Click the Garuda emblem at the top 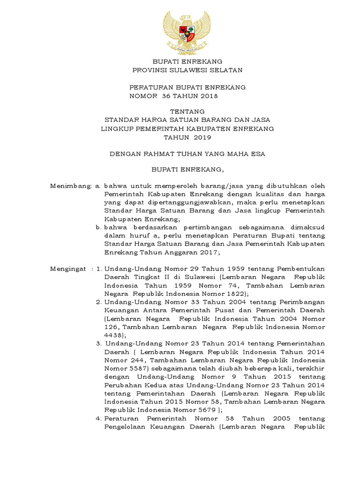coord(187,31)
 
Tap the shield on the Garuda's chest coord(187,33)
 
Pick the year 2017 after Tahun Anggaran coord(209,252)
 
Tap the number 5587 coord(139,368)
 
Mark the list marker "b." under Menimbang coord(98,227)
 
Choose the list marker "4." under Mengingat coord(99,418)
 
